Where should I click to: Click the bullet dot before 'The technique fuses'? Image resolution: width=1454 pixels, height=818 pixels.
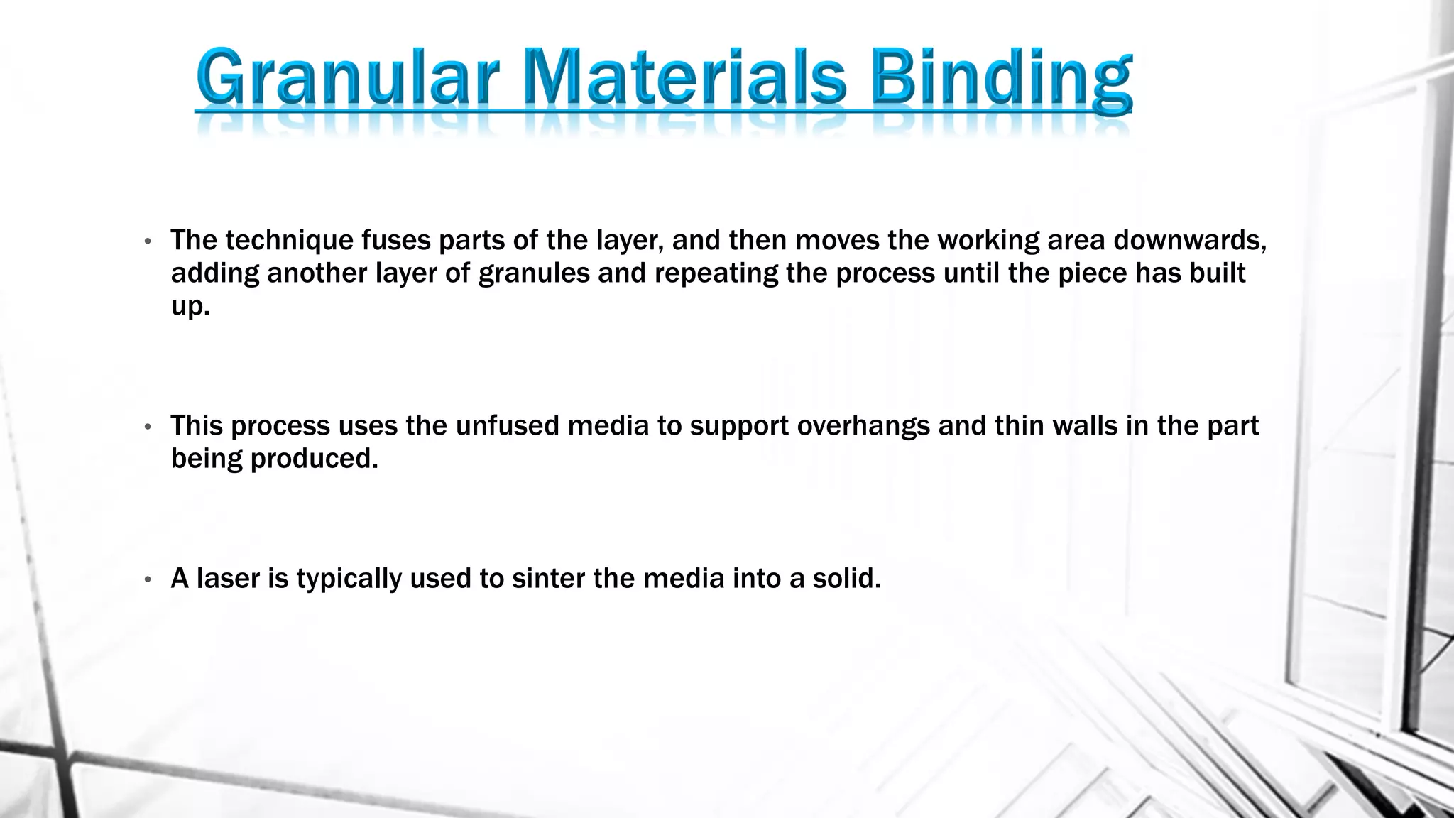pyautogui.click(x=148, y=241)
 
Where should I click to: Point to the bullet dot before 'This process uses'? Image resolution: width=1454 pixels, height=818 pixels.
pyautogui.click(x=148, y=427)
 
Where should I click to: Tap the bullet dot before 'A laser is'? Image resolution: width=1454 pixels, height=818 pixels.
pyautogui.click(x=148, y=579)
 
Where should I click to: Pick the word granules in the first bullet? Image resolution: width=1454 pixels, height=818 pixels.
pyautogui.click(x=534, y=273)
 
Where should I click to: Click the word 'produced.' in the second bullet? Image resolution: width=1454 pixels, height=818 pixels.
pyautogui.click(x=315, y=459)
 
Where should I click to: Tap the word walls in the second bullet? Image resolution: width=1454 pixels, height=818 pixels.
pyautogui.click(x=1085, y=426)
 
